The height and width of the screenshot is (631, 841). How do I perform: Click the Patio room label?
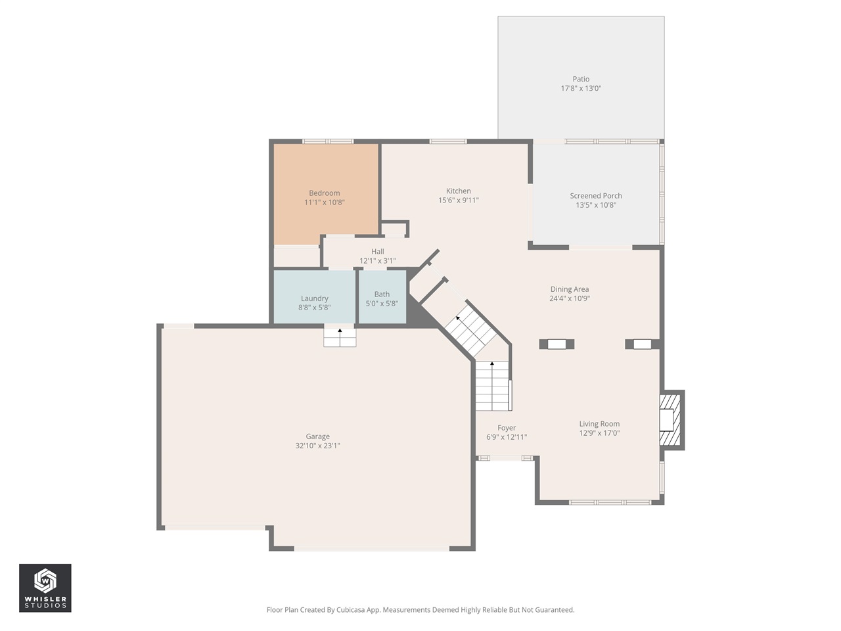point(581,79)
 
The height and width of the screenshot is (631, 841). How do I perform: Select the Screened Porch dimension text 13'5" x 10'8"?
point(596,205)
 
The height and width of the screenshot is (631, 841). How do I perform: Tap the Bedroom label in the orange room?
point(325,193)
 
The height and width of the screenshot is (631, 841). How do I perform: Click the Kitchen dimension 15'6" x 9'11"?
point(459,200)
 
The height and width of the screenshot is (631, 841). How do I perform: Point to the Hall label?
point(377,252)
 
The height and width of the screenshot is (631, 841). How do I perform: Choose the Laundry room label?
point(314,298)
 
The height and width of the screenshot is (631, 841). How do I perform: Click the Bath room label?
point(382,294)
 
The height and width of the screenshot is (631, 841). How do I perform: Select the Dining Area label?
point(569,289)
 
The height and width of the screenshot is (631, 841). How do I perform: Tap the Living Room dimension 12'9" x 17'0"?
point(599,433)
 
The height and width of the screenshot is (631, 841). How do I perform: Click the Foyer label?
point(507,428)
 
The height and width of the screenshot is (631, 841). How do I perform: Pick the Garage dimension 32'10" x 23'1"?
point(317,446)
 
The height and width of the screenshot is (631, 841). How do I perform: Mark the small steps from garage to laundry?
point(340,337)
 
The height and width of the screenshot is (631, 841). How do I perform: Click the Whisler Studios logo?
point(45,588)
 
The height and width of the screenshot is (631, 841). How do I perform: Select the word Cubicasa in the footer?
point(352,610)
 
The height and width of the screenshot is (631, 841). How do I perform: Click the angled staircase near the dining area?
point(470,328)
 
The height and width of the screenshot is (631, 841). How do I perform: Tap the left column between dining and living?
point(557,344)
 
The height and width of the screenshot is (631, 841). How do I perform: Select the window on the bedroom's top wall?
point(327,141)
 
